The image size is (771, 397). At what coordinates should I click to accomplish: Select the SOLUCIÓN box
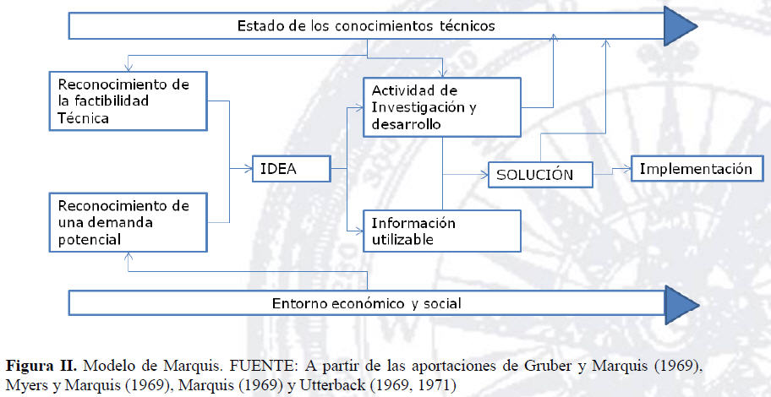(539, 175)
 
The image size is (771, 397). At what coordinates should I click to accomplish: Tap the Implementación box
(696, 169)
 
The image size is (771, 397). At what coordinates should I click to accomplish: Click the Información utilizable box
(440, 231)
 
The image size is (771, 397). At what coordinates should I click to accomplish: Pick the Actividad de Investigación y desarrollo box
(440, 107)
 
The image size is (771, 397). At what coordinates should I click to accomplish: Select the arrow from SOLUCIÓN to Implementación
(611, 171)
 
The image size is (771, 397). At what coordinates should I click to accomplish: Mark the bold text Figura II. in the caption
(41, 366)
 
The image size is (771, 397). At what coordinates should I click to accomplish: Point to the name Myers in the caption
(25, 385)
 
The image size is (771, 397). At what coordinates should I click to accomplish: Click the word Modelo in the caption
(109, 366)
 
